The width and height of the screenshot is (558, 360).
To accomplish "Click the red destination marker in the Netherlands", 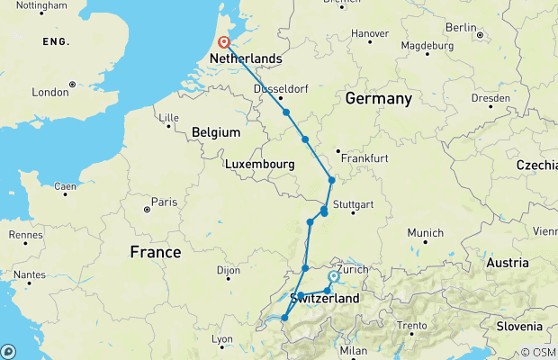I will point(222,41).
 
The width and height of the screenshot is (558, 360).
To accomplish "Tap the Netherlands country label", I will point(245,59).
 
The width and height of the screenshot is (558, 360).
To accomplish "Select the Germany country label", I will point(377,98).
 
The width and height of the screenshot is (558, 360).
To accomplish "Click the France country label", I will point(156,252).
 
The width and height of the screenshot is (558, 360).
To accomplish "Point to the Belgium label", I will point(216,132).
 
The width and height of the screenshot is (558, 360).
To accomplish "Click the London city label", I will point(50,92).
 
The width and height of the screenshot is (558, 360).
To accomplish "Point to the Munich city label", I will point(425,233).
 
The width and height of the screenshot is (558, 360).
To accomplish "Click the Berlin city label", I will point(460,28).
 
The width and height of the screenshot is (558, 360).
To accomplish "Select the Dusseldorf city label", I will point(281,89).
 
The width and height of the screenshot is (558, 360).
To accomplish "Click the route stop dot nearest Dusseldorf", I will point(286,112).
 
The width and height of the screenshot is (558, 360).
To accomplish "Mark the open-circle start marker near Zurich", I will point(333,277).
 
